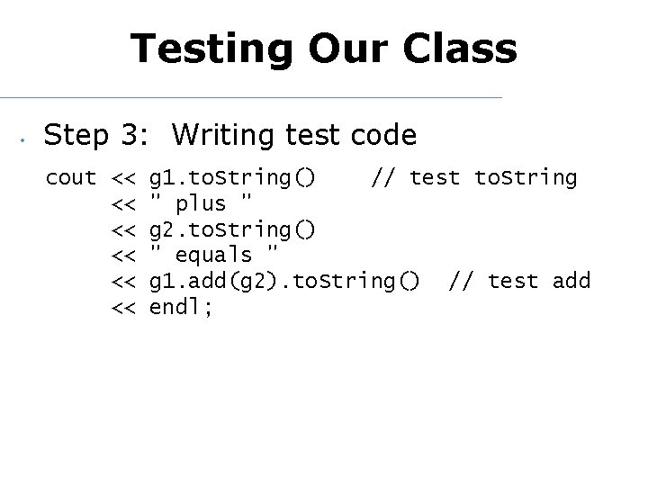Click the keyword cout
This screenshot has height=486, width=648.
[x=71, y=178]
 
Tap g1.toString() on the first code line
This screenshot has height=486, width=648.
[x=232, y=178]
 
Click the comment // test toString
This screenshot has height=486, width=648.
[x=474, y=178]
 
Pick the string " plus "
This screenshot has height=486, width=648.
[x=201, y=204]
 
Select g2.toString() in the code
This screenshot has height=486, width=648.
[x=232, y=230]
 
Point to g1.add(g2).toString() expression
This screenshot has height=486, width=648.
[x=283, y=283]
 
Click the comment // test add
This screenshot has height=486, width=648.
[x=519, y=283]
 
